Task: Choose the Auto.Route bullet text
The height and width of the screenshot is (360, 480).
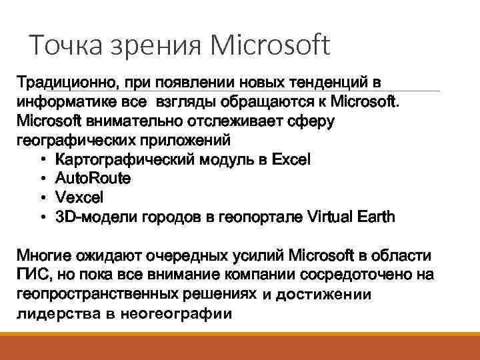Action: pyautogui.click(x=93, y=179)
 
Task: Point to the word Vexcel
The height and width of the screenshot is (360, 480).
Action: pyautogui.click(x=80, y=198)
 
